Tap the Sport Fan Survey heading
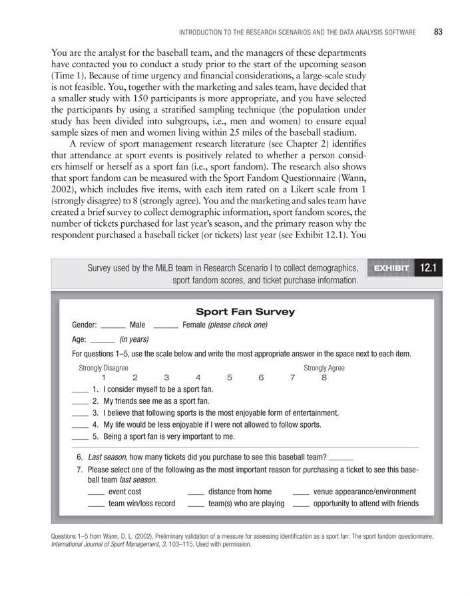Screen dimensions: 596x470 [x=245, y=311]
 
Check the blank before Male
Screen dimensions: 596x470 [x=114, y=327]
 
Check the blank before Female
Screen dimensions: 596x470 [x=166, y=327]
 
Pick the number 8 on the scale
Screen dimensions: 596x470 [x=324, y=378]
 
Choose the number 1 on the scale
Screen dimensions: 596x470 [x=104, y=378]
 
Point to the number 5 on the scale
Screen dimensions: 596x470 [x=230, y=378]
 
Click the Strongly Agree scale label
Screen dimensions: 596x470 [x=324, y=368]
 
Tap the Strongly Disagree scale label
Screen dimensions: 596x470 [x=104, y=368]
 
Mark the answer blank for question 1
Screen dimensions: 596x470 [x=80, y=390]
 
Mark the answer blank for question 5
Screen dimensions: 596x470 [x=80, y=438]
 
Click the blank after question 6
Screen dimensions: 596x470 [x=341, y=459]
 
